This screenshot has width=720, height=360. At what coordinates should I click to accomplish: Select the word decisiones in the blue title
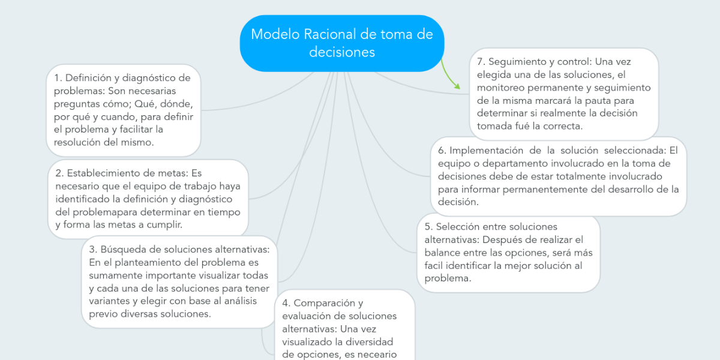[342, 52]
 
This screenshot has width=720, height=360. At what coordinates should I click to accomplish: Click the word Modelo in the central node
[275, 34]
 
